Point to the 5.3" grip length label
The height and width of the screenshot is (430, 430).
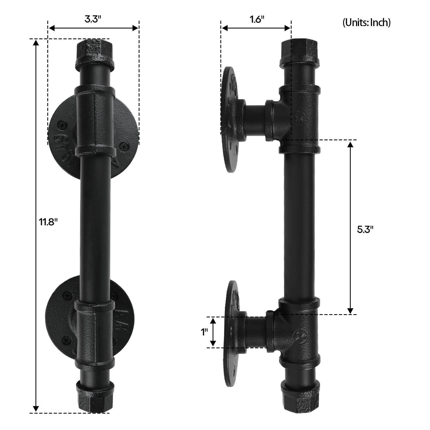coord(365,229)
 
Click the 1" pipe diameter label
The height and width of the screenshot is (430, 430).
coord(205,332)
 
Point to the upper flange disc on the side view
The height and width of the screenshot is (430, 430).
coord(229,118)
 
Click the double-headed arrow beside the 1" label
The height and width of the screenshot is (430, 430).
coord(213,332)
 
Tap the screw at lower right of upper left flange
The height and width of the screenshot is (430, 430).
coord(124,147)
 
